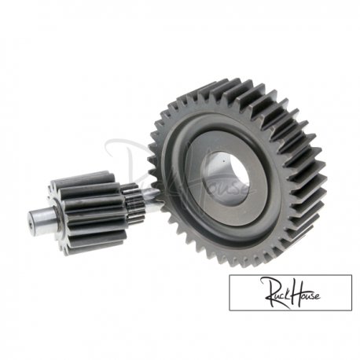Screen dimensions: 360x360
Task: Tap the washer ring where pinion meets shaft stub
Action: coord(57,218)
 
